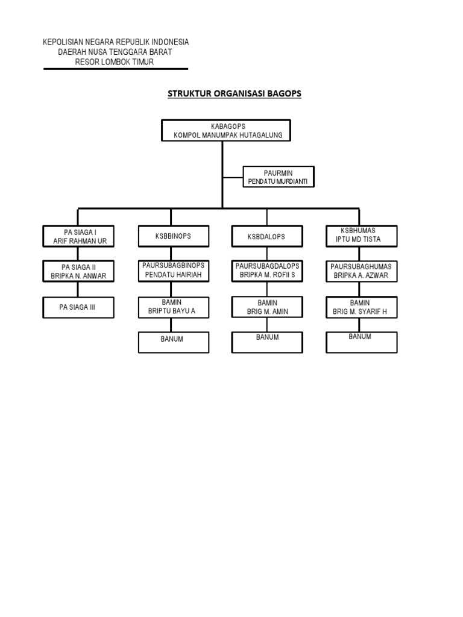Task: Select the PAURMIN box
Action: [278, 177]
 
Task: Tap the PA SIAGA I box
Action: [79, 236]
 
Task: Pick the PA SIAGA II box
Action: [79, 271]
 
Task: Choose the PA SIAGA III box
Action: [79, 307]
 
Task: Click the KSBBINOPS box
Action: [173, 236]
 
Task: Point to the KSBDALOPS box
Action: [266, 237]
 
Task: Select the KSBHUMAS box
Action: [362, 235]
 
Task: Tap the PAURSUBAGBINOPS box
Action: [173, 271]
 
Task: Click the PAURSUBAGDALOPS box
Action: [267, 271]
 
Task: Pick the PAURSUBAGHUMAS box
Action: [362, 271]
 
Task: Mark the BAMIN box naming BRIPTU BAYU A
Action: [173, 307]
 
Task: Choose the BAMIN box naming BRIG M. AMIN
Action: [267, 307]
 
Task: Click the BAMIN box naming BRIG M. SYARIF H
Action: [362, 307]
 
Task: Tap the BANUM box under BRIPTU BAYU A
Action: [173, 342]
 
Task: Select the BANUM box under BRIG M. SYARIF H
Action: [362, 341]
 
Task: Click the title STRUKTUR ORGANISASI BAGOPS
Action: [234, 94]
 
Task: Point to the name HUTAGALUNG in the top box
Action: [260, 136]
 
